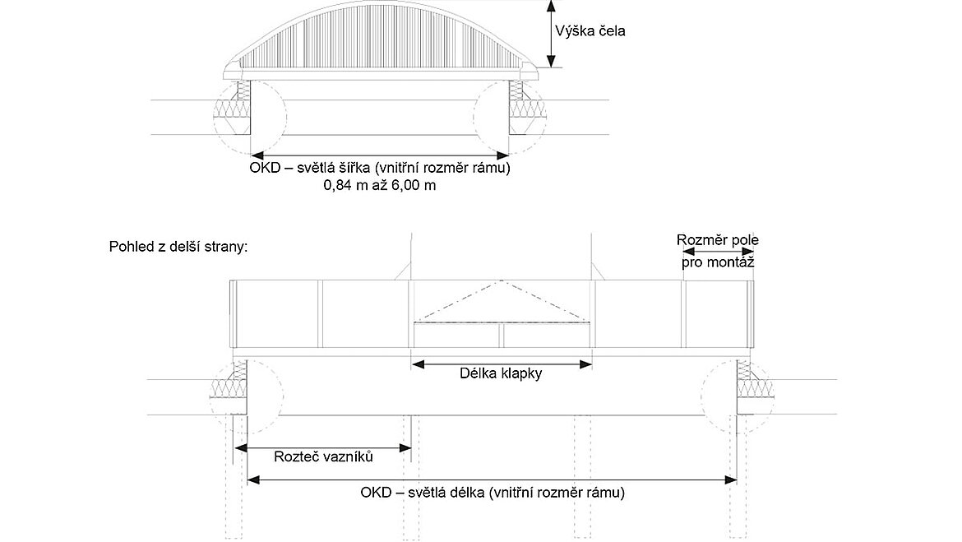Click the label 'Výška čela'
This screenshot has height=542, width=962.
click(590, 31)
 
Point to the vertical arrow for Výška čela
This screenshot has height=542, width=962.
click(552, 34)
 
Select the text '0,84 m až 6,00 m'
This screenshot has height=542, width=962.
click(380, 186)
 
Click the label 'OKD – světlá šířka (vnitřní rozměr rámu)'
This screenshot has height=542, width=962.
click(380, 169)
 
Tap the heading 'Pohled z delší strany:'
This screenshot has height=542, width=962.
click(178, 247)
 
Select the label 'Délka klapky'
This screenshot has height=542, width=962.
click(502, 373)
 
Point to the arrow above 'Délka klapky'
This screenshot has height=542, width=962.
click(502, 362)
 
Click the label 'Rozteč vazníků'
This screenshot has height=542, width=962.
click(322, 457)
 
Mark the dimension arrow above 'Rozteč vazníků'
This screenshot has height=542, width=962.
click(322, 447)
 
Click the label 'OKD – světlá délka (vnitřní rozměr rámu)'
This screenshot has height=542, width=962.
click(493, 493)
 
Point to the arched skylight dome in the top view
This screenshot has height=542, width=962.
click(380, 41)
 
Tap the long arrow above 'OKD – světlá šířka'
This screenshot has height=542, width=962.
click(380, 155)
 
